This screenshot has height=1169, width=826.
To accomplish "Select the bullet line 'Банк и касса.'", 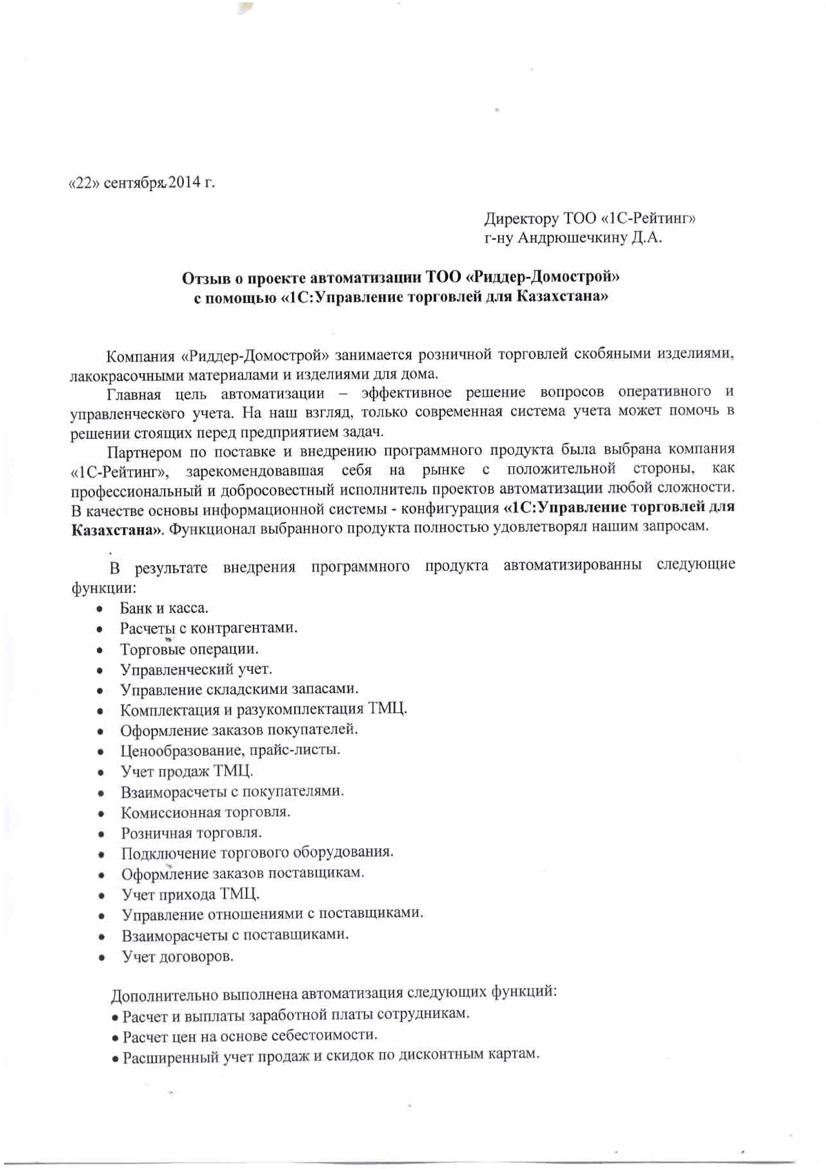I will pos(164,608).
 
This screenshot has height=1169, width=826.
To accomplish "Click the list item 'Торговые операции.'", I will pos(189,650).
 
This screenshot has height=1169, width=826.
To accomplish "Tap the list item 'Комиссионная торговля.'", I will pos(205,812).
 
